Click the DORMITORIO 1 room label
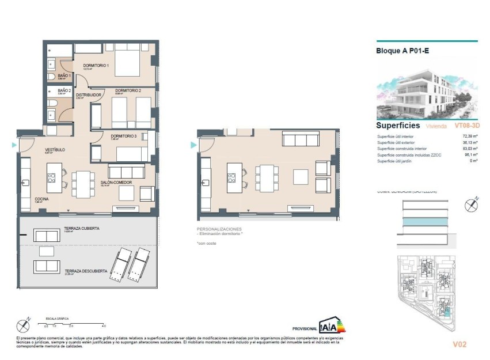(96, 66)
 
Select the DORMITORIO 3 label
(124, 136)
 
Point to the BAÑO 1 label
(64, 75)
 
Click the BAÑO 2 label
(64, 90)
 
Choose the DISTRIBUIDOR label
(89, 95)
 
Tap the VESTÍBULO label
(55, 150)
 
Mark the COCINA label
(41, 199)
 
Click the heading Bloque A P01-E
(402, 51)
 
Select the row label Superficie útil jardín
(398, 161)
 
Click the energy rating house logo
(332, 325)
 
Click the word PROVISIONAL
(305, 328)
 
